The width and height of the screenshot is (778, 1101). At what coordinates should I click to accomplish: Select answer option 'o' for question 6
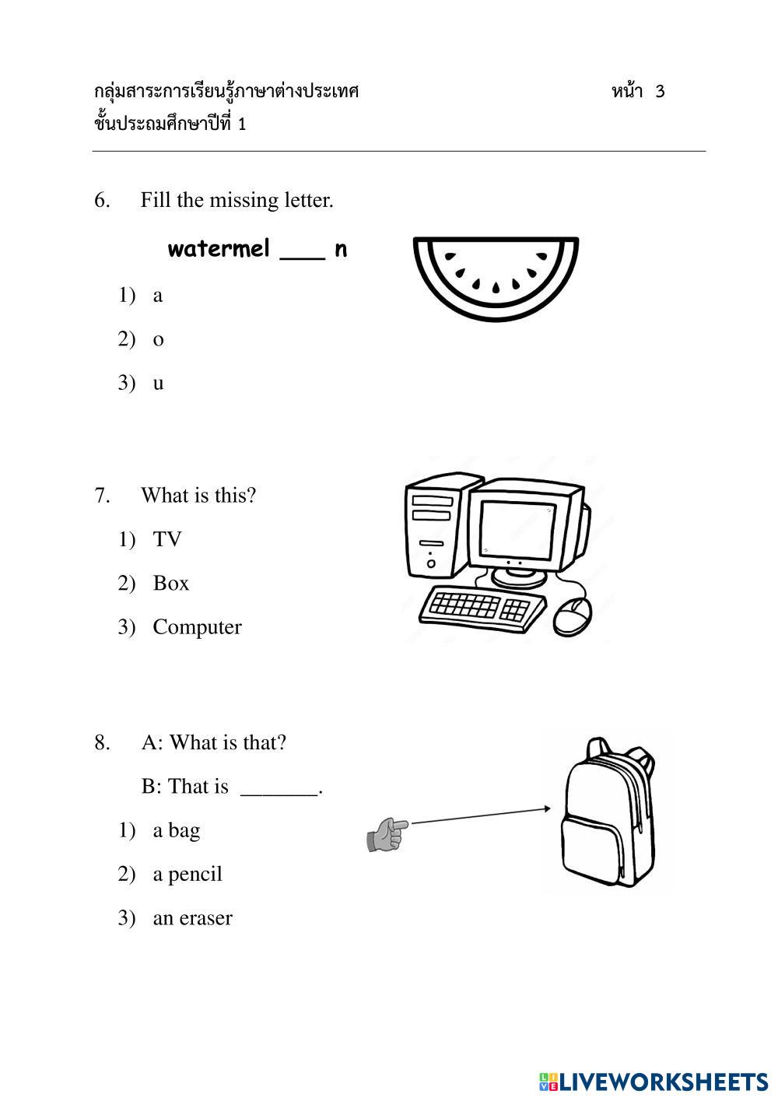click(x=158, y=339)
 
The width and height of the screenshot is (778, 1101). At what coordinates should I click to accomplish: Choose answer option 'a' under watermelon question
click(x=158, y=296)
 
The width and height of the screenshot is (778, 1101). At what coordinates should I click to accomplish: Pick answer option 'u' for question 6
click(x=158, y=383)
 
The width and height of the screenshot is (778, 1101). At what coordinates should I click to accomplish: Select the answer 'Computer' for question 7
click(x=197, y=627)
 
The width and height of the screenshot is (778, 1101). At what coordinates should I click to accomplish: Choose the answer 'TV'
click(x=166, y=539)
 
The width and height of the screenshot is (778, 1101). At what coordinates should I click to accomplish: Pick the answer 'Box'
click(x=170, y=584)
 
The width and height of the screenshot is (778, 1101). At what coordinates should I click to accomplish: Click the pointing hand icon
click(x=387, y=833)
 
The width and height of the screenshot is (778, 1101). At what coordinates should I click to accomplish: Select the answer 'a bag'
click(x=176, y=830)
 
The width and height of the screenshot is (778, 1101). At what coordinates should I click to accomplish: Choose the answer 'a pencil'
click(x=187, y=874)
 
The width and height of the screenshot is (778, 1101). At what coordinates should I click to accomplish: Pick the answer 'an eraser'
click(x=192, y=918)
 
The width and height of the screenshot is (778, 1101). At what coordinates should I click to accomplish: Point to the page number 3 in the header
click(x=660, y=92)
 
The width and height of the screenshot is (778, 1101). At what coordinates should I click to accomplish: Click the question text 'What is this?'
click(x=198, y=495)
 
